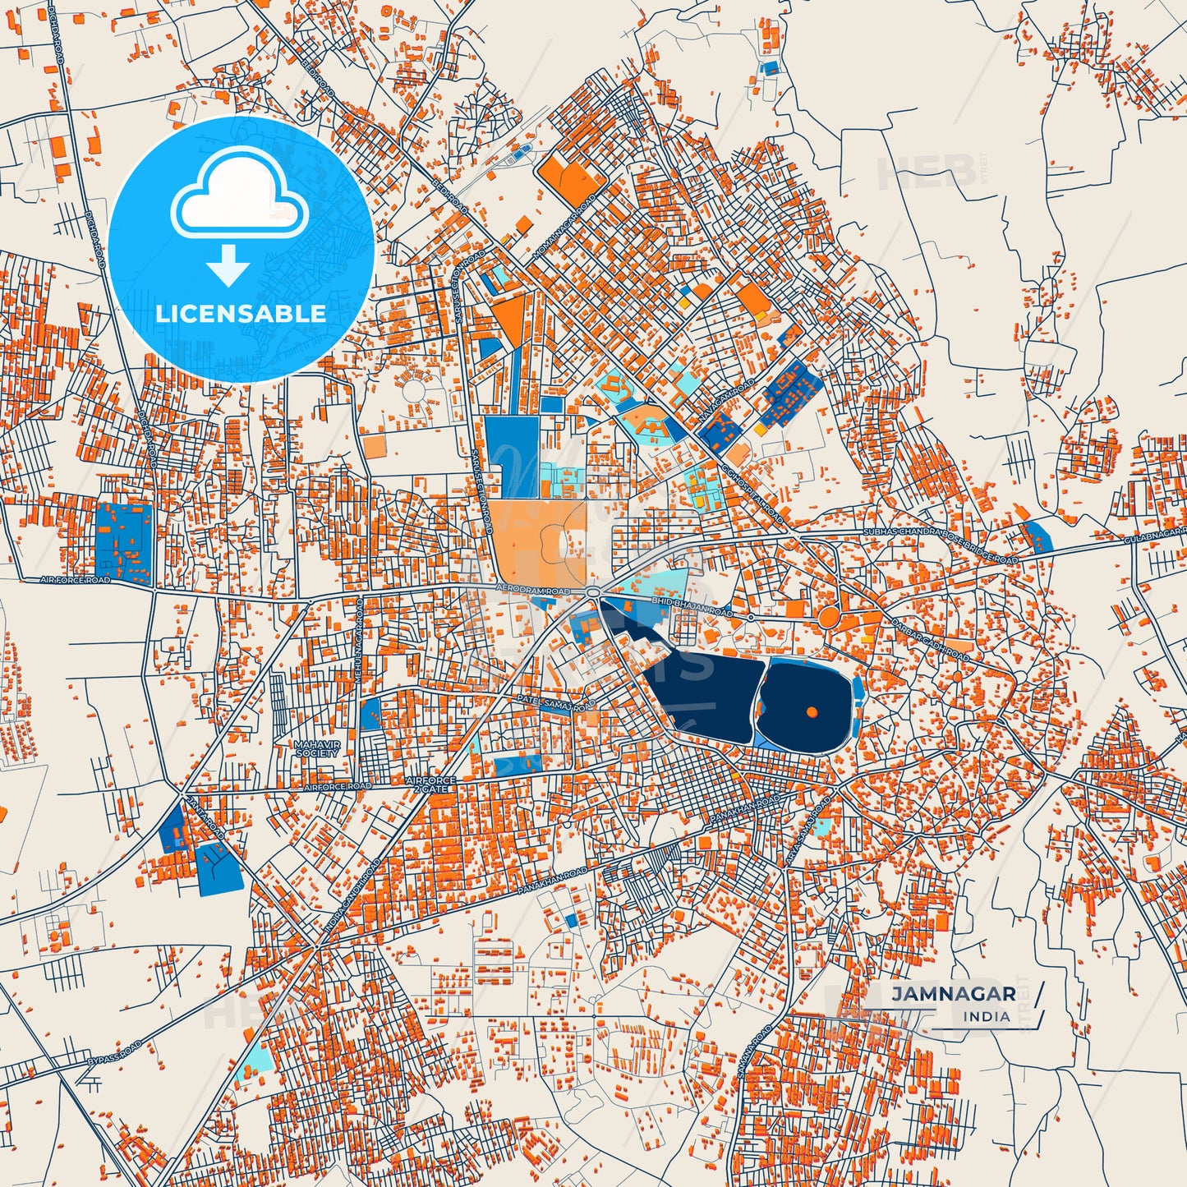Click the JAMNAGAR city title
click(954, 994)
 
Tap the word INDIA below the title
click(987, 1016)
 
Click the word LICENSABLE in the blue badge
click(241, 313)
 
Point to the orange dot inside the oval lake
click(812, 711)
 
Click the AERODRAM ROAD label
click(533, 591)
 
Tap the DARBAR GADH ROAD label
click(930, 640)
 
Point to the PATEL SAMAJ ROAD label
click(555, 704)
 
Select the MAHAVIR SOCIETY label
click(316, 748)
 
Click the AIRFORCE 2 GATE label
click(430, 784)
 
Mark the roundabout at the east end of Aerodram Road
click(592, 592)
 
